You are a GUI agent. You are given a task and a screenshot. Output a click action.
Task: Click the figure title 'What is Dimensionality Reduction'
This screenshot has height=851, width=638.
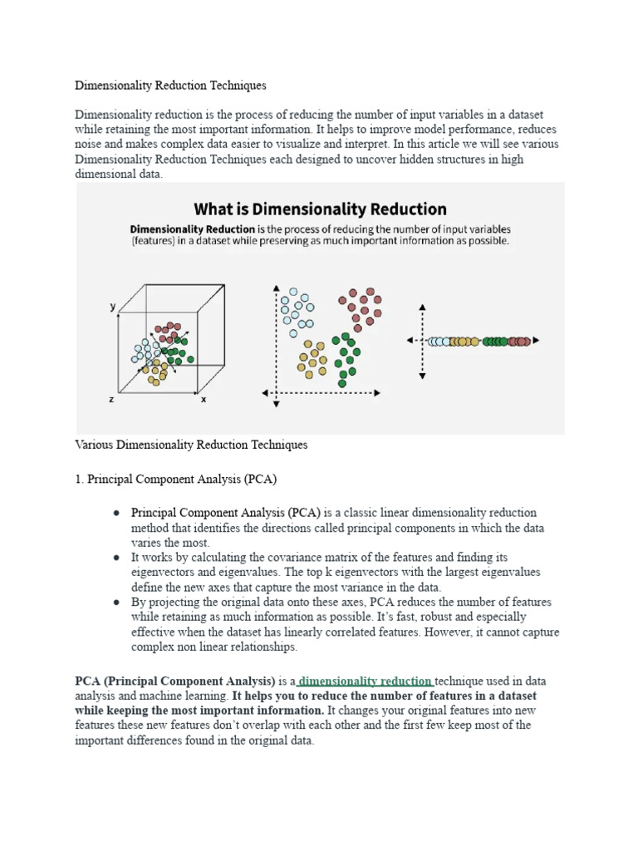pyautogui.click(x=320, y=209)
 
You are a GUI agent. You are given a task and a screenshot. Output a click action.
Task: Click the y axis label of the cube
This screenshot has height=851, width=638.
pyautogui.click(x=113, y=307)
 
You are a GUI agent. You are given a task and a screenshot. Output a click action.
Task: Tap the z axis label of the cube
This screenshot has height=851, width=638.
pyautogui.click(x=111, y=400)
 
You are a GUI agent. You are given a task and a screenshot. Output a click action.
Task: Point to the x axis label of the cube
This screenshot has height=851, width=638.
pyautogui.click(x=204, y=400)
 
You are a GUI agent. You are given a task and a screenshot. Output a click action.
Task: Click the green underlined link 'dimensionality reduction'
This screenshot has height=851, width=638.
pyautogui.click(x=366, y=681)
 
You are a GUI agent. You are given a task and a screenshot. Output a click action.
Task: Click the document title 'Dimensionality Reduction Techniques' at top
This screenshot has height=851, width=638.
pyautogui.click(x=170, y=86)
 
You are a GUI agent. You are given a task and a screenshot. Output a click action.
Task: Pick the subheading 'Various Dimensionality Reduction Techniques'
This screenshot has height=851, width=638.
pyautogui.click(x=191, y=445)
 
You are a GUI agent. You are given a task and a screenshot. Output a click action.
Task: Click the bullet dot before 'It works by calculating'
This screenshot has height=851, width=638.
pyautogui.click(x=118, y=558)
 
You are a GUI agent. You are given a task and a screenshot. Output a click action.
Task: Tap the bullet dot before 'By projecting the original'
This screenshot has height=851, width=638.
pyautogui.click(x=118, y=602)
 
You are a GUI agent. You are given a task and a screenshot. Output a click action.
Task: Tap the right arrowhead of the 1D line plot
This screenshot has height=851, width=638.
pyautogui.click(x=537, y=341)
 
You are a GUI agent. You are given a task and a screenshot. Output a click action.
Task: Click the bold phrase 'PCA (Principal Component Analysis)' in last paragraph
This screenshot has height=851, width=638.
pyautogui.click(x=175, y=681)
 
